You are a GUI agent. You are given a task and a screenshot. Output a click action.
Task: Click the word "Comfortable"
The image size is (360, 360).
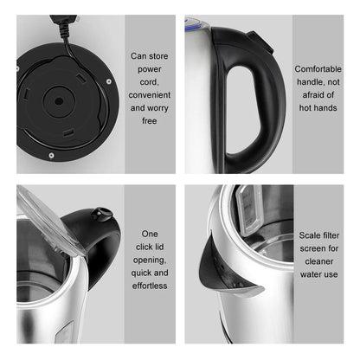tap(318, 68)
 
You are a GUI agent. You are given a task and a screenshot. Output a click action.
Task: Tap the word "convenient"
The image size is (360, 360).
tap(151, 94)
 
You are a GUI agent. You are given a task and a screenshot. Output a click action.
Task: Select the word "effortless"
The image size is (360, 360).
tap(151, 285)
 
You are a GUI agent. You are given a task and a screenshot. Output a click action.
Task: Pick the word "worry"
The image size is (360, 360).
tap(162, 107)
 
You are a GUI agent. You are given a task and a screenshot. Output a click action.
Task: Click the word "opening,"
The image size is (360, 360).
tap(151, 259)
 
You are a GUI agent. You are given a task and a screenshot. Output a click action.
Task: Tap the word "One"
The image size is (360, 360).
tap(151, 234)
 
